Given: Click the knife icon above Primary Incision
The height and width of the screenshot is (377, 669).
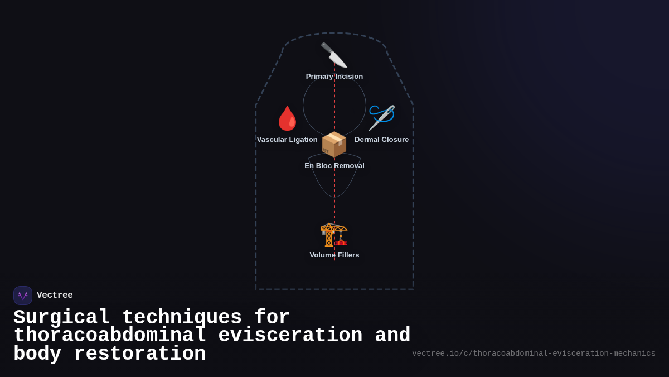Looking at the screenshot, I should pos(334,55).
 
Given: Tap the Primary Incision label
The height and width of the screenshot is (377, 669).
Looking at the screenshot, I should pos(334,77).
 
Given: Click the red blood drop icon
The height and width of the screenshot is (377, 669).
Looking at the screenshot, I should pos(287,118).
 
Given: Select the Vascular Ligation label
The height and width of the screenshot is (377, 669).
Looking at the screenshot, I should pos(287,140).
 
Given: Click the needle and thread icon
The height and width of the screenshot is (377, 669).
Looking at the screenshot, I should pos(382,117).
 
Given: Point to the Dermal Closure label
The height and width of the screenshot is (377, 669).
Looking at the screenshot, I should pos(381,140).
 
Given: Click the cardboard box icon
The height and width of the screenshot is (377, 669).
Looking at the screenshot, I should pos(334,144).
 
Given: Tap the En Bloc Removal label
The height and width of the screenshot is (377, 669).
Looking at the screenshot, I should pos(334,166).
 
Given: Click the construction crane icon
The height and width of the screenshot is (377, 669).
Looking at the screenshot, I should pos(334,235).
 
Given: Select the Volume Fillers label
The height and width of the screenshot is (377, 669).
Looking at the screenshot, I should pos(334,255).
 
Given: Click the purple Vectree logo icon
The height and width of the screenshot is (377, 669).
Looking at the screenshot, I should pos(23,295).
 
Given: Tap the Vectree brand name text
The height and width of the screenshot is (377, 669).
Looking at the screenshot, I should pos(55,295).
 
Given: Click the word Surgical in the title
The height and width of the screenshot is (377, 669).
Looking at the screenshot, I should pos(61,318).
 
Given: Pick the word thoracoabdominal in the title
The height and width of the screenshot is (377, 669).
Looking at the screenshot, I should pos(110,336).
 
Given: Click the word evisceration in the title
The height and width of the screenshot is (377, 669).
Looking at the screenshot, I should pos(290,336).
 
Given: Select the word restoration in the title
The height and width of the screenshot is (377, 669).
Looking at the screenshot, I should pos(140,354).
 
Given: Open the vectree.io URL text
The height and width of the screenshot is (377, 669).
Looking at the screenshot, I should pos(534,354).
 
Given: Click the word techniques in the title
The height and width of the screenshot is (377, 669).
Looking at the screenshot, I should pos(182,318).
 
